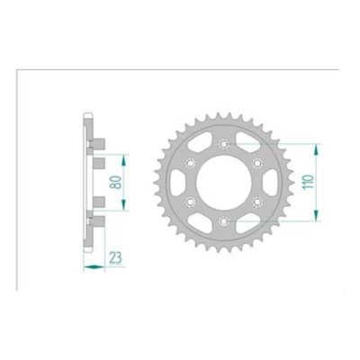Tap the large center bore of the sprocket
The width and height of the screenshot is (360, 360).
tap(222, 182)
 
